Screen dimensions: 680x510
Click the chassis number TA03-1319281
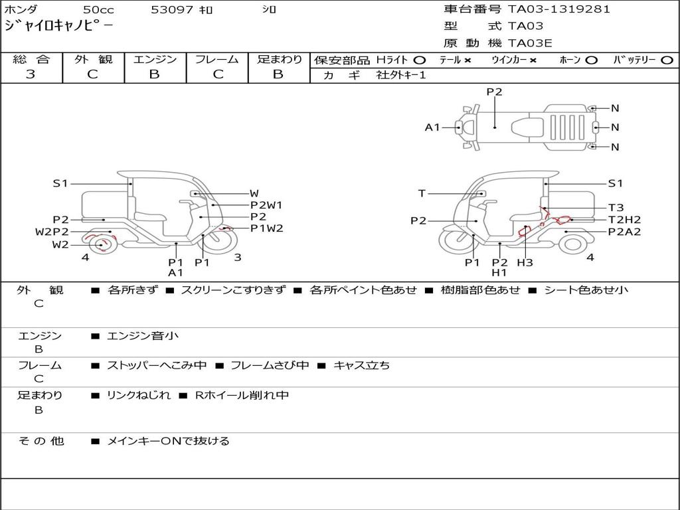coord(559,9)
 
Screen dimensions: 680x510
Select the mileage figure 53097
coord(172,9)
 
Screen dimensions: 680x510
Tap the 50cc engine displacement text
coord(98,9)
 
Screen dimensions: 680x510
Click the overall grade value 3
coord(31,74)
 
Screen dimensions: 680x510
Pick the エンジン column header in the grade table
coord(155,59)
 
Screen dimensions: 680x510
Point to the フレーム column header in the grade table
coord(217,59)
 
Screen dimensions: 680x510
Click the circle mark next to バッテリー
coord(667,60)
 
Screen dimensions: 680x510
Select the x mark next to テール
coord(467,60)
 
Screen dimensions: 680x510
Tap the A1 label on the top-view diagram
coord(432,127)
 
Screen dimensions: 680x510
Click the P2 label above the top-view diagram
coord(494,92)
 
